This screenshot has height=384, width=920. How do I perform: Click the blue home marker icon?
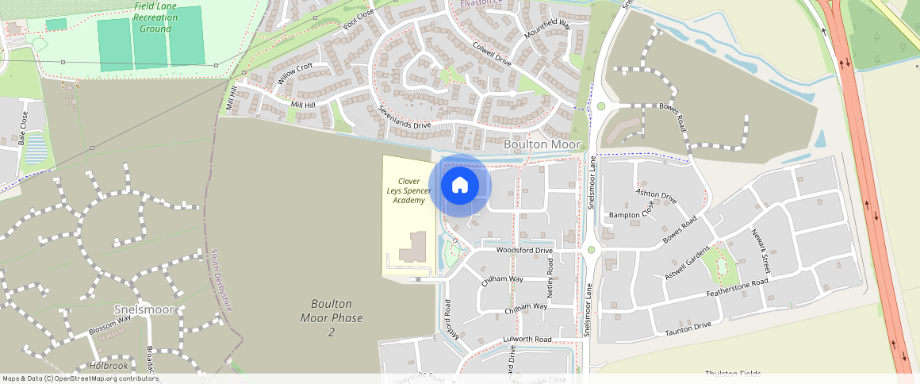click(x=460, y=186)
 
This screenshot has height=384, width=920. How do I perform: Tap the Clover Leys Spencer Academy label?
click(x=408, y=191)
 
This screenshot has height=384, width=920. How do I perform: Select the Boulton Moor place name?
click(x=542, y=144)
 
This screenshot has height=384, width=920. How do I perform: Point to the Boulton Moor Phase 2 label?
click(x=332, y=317)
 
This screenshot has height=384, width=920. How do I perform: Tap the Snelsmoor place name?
click(x=144, y=309)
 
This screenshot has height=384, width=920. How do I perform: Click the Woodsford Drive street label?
click(x=523, y=251)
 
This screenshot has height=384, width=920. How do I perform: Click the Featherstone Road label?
click(x=738, y=289)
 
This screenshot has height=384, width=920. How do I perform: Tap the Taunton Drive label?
click(x=688, y=327)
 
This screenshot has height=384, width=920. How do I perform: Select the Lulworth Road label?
click(x=527, y=340)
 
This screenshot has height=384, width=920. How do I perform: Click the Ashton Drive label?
click(x=656, y=196)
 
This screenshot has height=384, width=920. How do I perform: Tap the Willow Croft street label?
click(x=295, y=74)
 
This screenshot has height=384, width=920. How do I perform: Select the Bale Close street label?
click(x=23, y=129)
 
